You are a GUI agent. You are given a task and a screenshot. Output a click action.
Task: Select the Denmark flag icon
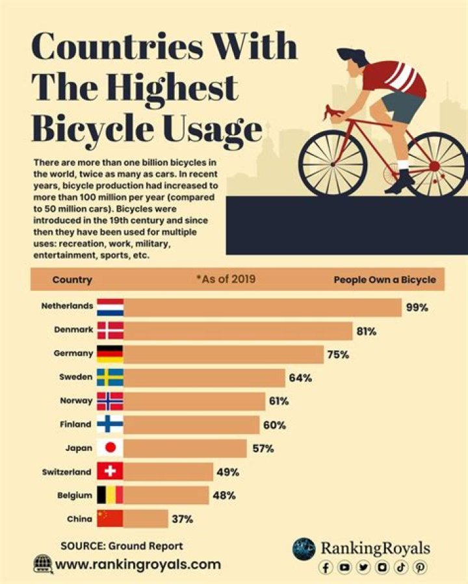point(110,331)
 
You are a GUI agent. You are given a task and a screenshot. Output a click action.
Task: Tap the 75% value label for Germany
point(338,355)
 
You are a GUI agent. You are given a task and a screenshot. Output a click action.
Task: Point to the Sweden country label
point(75,377)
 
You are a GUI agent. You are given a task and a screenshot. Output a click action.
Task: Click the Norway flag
point(110,401)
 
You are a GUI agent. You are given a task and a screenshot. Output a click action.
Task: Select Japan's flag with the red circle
point(110,448)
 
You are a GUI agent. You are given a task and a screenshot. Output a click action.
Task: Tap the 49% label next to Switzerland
point(227,472)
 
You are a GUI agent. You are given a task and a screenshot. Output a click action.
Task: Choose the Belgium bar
point(166,495)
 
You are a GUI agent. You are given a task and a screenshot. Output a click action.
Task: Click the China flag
point(110,518)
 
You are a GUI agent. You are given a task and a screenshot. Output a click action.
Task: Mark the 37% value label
point(182,519)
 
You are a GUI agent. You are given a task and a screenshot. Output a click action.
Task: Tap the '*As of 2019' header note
point(226,280)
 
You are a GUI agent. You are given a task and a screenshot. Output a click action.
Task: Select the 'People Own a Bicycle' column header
point(385,280)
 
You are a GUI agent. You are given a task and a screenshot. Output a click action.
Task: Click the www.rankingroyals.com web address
point(138,565)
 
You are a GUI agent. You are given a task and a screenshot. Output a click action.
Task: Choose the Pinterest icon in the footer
point(421,567)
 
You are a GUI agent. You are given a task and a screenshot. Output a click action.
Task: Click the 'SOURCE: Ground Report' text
point(122,546)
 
